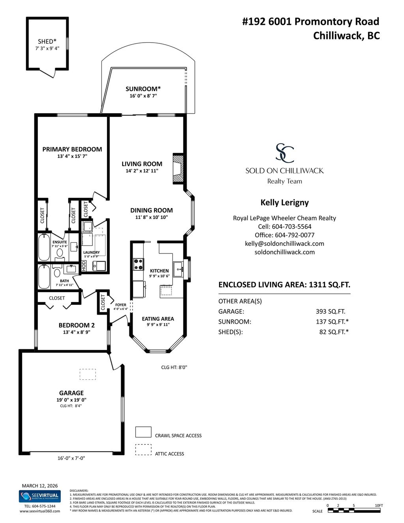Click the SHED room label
(x=47, y=41)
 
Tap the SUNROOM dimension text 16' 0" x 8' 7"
(x=143, y=96)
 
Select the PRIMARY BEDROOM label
(x=72, y=149)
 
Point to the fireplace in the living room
(x=179, y=169)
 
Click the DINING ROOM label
(x=151, y=210)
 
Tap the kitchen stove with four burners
(x=138, y=264)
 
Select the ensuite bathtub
(x=44, y=247)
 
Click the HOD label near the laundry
(x=84, y=266)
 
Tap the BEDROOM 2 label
(x=77, y=325)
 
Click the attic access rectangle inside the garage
(x=88, y=374)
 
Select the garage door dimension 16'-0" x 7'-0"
(x=71, y=458)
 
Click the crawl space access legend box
(x=143, y=432)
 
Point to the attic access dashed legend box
(x=143, y=450)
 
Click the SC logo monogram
(x=284, y=153)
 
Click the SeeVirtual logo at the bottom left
(x=40, y=496)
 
